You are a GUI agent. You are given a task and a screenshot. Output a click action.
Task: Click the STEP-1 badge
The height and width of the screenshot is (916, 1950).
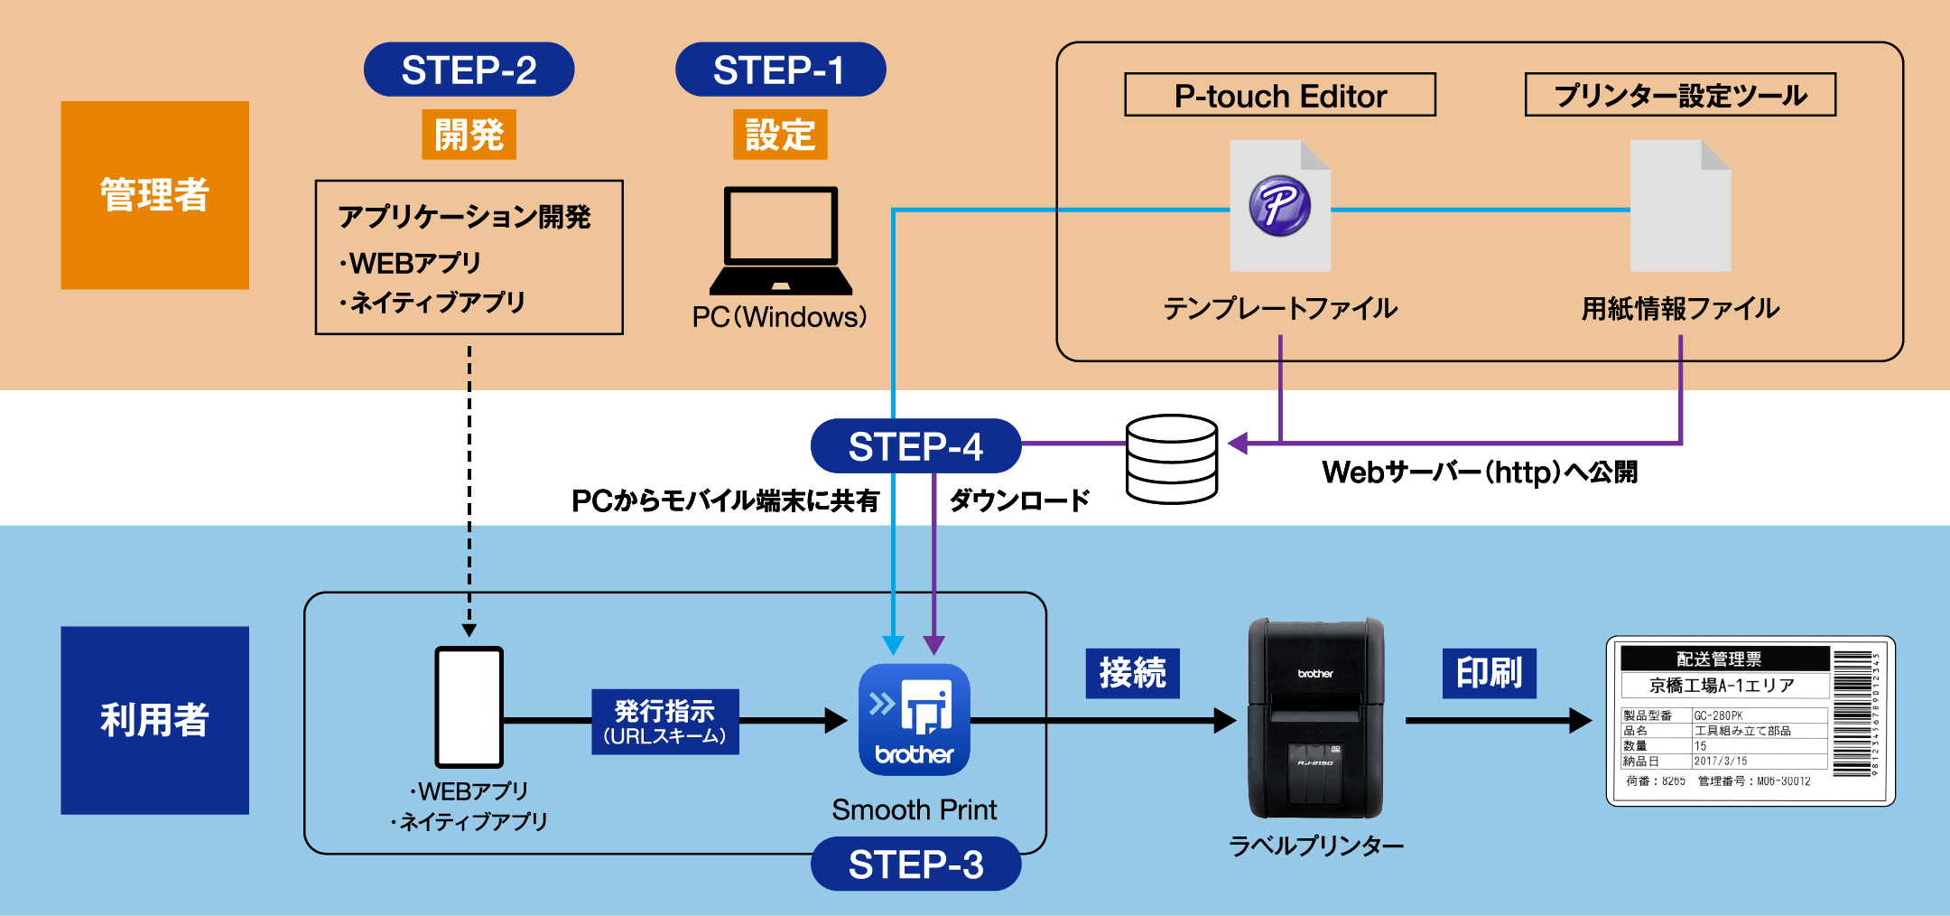[x=780, y=70]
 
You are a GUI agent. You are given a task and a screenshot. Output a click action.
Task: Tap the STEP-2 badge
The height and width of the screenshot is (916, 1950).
[x=469, y=70]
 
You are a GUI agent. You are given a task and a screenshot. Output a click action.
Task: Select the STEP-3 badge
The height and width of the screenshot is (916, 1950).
[x=915, y=865]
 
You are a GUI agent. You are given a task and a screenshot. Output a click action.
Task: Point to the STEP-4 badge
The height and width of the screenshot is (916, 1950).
[x=915, y=446]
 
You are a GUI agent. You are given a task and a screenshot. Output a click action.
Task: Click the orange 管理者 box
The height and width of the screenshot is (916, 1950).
[x=154, y=195]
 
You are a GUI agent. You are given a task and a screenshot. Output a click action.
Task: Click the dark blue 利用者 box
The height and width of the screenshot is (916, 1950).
[x=154, y=720]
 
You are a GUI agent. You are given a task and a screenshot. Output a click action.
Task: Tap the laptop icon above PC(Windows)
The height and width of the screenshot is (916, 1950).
[x=781, y=240]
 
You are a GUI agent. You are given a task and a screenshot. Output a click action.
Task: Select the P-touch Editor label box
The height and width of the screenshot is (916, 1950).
[x=1279, y=95]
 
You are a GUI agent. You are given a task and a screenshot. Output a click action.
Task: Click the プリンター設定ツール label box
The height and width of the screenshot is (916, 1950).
[x=1679, y=95]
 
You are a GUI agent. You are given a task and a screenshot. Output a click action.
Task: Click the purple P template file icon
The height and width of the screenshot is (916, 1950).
[x=1279, y=206]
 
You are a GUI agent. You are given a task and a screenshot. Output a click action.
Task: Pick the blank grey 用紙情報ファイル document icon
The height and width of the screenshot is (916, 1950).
[x=1679, y=206]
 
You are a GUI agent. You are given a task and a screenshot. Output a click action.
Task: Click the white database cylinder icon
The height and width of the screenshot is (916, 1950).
[x=1171, y=459]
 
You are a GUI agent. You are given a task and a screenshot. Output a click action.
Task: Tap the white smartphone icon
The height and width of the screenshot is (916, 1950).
[x=469, y=707]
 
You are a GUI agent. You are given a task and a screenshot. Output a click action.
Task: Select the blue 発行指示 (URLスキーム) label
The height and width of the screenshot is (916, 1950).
[x=664, y=722]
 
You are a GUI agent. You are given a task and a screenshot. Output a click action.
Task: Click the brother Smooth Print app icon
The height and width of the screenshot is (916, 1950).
[x=914, y=720]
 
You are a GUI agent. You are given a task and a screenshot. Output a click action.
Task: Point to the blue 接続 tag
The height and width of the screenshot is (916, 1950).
[x=1132, y=673]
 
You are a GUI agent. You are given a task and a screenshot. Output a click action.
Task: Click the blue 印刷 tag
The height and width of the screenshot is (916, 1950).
[x=1489, y=673]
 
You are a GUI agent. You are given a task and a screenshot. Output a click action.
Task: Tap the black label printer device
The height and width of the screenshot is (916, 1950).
[x=1315, y=718]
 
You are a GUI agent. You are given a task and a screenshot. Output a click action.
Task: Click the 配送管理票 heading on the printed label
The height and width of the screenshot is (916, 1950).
[x=1718, y=659]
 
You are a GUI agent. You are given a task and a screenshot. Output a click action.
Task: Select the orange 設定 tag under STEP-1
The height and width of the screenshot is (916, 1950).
[x=780, y=135]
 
